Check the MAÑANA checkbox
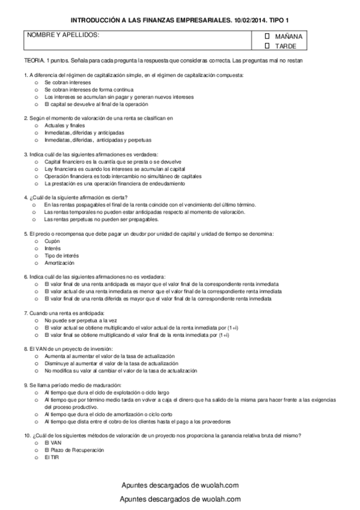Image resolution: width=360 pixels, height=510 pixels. pyautogui.click(x=267, y=36)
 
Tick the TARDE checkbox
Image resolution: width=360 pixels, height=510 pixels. pyautogui.click(x=267, y=45)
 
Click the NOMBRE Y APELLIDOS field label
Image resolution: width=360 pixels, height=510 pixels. pyautogui.click(x=63, y=34)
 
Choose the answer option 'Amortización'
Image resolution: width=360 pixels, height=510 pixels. pyautogui.click(x=59, y=263)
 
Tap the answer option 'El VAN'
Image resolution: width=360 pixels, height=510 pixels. pyautogui.click(x=53, y=442)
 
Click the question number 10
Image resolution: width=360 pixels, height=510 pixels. pyautogui.click(x=27, y=435)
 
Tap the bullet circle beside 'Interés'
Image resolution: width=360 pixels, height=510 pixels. pyautogui.click(x=36, y=248)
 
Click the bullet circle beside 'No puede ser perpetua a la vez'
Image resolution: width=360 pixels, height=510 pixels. pyautogui.click(x=36, y=321)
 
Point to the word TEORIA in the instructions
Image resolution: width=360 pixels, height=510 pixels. pyautogui.click(x=34, y=61)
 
